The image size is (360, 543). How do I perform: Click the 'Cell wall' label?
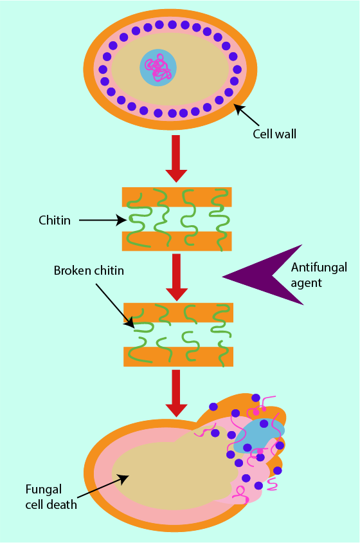coord(274,134)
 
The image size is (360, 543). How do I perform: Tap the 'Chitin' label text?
coord(55,220)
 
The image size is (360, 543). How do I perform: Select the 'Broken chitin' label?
coord(89,270)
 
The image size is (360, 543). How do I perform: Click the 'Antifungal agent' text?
coord(319,275)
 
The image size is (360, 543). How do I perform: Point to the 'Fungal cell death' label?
coord(51,497)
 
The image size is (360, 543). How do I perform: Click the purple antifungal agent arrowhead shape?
coord(263,275)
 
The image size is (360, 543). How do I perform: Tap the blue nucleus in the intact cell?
coord(158,68)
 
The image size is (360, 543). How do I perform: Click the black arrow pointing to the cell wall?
coord(247,115)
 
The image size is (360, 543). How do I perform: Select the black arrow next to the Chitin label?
coord(103,220)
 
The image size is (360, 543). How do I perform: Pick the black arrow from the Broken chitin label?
coord(115,306)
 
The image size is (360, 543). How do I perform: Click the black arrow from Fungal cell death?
coord(103,486)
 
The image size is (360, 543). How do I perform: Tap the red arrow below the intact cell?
coord(176,158)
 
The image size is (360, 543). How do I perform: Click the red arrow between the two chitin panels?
coord(177,277)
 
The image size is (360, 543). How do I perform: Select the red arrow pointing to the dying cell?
coord(177,393)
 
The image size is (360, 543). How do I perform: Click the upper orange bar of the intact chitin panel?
coord(177,197)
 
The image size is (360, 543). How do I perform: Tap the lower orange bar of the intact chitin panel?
coord(177,241)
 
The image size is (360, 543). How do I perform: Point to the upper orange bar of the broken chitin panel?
coord(178,313)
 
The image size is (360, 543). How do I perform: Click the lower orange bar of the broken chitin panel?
coord(178,356)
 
